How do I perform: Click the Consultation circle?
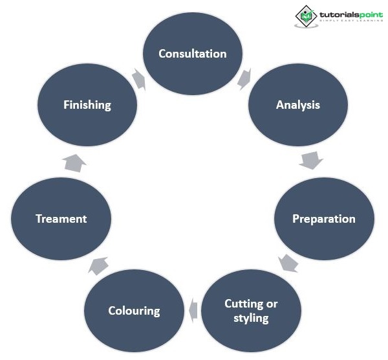click(193, 53)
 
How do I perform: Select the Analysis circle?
click(298, 105)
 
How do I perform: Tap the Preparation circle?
click(324, 218)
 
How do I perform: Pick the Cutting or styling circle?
click(251, 311)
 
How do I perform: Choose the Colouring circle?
click(134, 311)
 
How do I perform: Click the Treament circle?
click(61, 218)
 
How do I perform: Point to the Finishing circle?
click(87, 105)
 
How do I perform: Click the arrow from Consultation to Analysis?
click(245, 79)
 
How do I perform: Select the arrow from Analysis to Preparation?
click(311, 160)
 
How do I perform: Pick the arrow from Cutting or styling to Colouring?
click(193, 311)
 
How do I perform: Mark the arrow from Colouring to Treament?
click(98, 264)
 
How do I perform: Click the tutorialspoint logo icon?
click(305, 16)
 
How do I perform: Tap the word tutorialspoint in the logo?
click(348, 12)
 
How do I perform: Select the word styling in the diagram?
click(251, 318)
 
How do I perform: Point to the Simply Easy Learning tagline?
click(348, 21)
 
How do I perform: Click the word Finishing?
click(87, 105)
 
